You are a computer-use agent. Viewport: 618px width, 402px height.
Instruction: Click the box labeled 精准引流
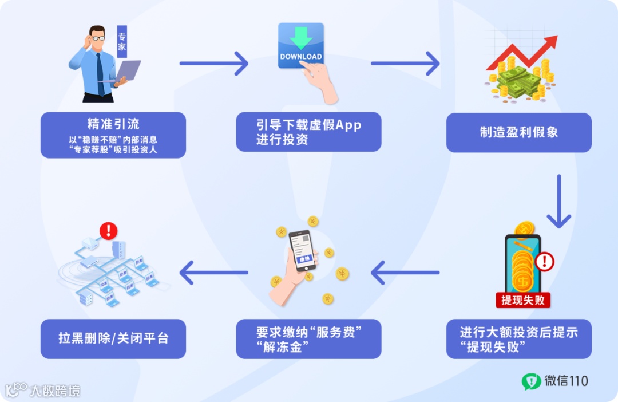[x=113, y=135]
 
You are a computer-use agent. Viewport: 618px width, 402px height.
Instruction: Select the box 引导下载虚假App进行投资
[x=308, y=132]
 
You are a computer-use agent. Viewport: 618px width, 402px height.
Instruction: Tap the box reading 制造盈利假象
[x=518, y=132]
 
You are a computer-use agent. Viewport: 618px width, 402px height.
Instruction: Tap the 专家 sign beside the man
[x=122, y=41]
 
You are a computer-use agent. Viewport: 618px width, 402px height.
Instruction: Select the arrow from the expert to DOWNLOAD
[x=214, y=63]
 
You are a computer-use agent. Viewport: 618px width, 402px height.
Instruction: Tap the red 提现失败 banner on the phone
[x=522, y=300]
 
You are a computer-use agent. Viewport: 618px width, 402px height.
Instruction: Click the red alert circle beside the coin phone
[x=544, y=262]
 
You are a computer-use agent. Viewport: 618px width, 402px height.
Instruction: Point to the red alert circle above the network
[x=108, y=231]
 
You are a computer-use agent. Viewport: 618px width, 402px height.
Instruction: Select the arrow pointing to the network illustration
[x=214, y=273]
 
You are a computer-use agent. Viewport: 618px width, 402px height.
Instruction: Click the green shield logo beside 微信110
[x=530, y=381]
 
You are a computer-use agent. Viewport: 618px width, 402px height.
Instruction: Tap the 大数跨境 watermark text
[x=55, y=391]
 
